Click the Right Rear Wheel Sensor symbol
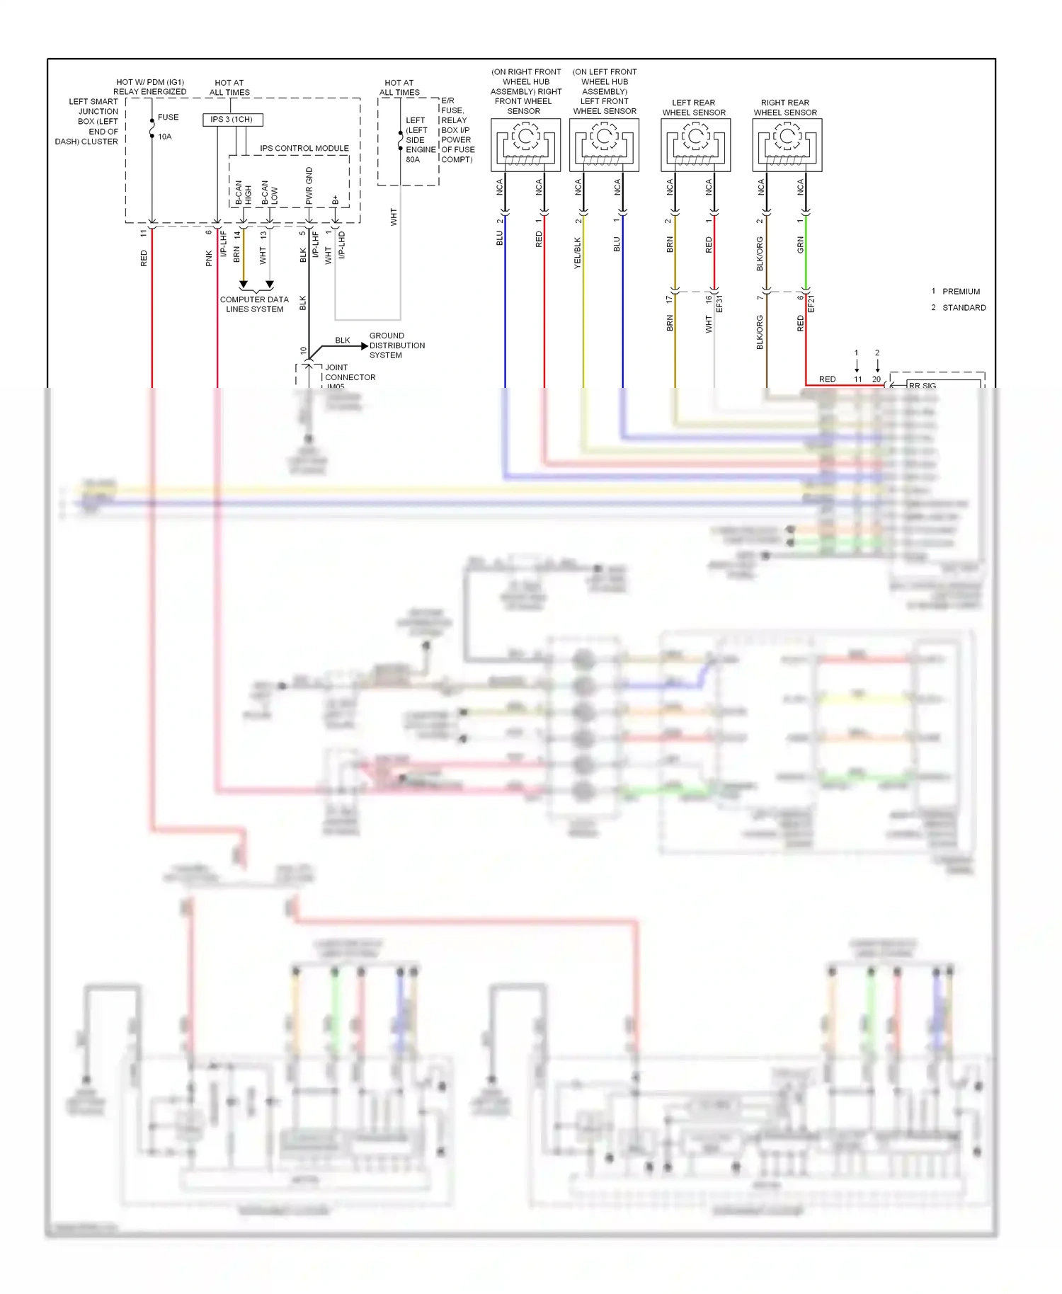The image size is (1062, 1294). coord(787,144)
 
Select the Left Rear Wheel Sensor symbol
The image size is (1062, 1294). coord(695,144)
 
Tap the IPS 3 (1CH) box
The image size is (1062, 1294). coord(232,120)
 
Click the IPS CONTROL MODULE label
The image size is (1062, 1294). coord(304,149)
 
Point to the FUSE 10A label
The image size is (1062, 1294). coord(167,127)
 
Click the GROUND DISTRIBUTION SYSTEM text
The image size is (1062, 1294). coord(396,345)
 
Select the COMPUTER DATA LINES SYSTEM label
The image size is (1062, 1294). coord(254,304)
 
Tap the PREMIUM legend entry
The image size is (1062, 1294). coord(960,292)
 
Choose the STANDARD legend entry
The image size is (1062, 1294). coord(964,308)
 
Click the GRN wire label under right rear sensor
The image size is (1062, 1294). coord(800,245)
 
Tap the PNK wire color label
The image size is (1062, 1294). coord(209,258)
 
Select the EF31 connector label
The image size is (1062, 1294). coord(719,304)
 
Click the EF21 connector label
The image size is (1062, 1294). coord(811,304)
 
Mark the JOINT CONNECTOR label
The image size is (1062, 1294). coord(350,372)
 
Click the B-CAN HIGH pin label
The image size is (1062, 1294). coord(243,192)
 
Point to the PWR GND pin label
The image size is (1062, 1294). coord(309,185)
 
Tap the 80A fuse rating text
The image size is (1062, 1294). coord(413,160)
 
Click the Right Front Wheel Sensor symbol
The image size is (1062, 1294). coord(525,144)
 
